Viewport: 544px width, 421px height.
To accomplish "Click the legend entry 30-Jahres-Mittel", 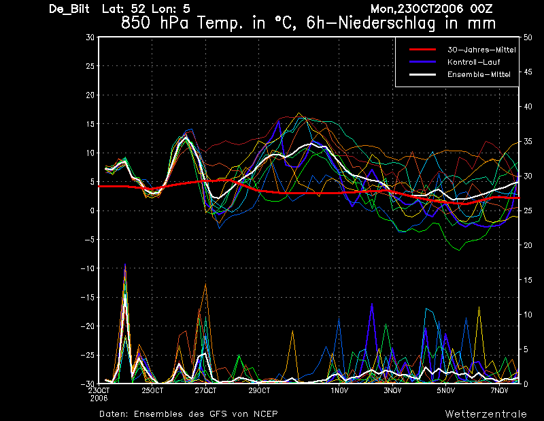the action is point(481,50).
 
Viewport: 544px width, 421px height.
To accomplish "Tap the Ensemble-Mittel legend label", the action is point(479,74).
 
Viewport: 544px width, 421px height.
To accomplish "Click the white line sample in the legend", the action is point(422,74).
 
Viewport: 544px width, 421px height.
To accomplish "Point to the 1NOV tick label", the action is point(339,390).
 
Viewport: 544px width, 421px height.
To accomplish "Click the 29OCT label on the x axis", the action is point(259,390).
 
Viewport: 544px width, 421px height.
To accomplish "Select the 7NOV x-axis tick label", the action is point(499,390).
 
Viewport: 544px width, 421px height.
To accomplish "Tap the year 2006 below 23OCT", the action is point(99,399).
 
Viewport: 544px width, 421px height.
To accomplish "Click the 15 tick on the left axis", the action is point(90,124).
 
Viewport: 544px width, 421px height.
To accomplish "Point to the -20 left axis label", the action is point(88,326).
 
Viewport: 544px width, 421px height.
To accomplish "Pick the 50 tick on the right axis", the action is point(528,37).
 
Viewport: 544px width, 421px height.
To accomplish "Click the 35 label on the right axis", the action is point(528,142).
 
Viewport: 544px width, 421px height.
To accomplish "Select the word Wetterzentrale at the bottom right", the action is point(486,414).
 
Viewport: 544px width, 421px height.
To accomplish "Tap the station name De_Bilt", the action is point(69,9).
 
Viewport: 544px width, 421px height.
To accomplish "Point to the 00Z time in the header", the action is point(481,9).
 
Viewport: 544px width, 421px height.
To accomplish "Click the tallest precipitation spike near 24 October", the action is point(125,264).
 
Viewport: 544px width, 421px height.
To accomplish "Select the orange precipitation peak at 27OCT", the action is point(206,285).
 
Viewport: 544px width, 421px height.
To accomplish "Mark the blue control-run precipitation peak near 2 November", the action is point(372,305).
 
